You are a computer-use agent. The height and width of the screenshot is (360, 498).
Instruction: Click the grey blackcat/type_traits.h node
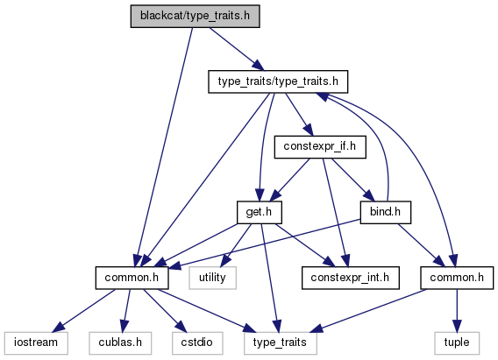[x=195, y=16]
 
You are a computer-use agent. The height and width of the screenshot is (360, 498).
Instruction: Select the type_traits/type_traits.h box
[x=278, y=81]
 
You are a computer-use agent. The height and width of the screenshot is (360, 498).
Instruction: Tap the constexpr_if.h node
[x=320, y=147]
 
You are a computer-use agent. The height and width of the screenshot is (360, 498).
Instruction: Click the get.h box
[x=260, y=212]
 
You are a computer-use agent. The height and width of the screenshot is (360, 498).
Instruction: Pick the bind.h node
[x=386, y=212]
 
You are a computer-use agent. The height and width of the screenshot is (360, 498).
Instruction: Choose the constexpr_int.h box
[x=351, y=278]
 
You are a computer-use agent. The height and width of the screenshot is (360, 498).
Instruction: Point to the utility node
[x=212, y=278]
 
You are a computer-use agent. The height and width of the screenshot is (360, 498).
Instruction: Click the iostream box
[x=36, y=342]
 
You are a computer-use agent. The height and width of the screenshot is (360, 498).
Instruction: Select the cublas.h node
[x=120, y=342]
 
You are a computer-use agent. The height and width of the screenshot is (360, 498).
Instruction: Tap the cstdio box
[x=197, y=342]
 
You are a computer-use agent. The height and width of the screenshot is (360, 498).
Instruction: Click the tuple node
[x=457, y=342]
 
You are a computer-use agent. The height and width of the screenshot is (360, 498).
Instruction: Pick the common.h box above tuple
[x=457, y=278]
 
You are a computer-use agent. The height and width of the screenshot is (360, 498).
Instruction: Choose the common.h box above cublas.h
[x=132, y=278]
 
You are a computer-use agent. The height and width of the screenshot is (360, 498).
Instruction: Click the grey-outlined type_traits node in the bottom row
[x=281, y=342]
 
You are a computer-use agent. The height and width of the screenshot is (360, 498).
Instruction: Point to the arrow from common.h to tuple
[x=457, y=311]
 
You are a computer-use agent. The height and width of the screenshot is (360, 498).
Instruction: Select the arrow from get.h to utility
[x=235, y=245]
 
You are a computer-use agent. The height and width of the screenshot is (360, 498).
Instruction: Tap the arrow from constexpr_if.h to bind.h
[x=352, y=180]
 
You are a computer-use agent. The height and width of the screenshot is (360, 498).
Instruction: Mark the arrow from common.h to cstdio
[x=164, y=311]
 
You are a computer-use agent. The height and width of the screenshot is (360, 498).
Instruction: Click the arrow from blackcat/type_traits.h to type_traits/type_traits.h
[x=237, y=49]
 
